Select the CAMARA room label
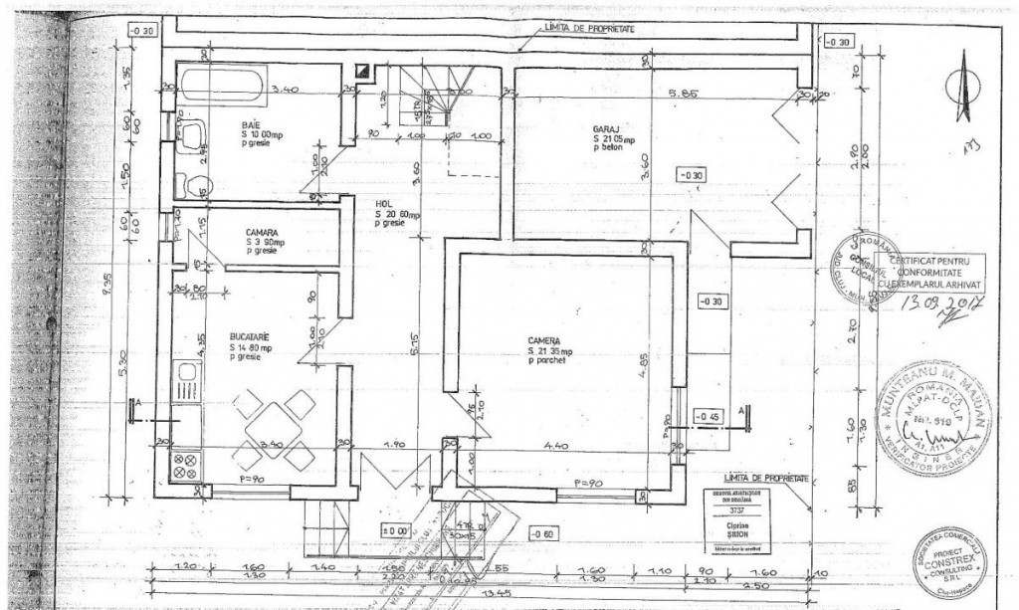tap(262, 231)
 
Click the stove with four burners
tap(186, 466)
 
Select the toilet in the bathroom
tap(191, 184)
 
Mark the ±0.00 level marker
tap(398, 530)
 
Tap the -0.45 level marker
tap(709, 416)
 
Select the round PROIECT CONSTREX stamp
tap(947, 563)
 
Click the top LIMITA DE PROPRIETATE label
tap(584, 29)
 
